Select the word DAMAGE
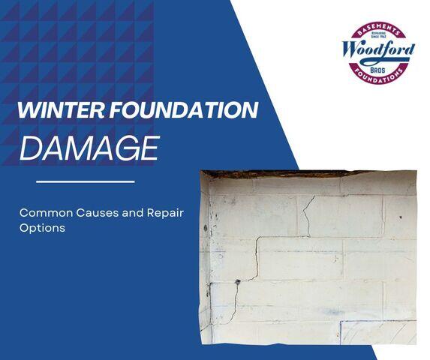(89, 147)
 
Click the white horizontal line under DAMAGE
(85, 181)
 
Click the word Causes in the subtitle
(105, 213)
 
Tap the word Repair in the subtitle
(168, 213)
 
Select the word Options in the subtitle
(42, 227)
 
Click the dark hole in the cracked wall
(238, 281)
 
